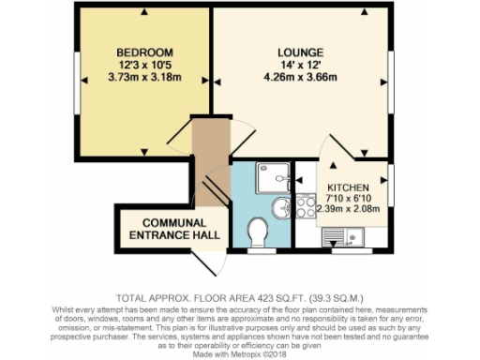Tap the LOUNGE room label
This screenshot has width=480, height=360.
[x=301, y=51]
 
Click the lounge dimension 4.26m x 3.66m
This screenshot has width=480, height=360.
[x=301, y=78]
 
